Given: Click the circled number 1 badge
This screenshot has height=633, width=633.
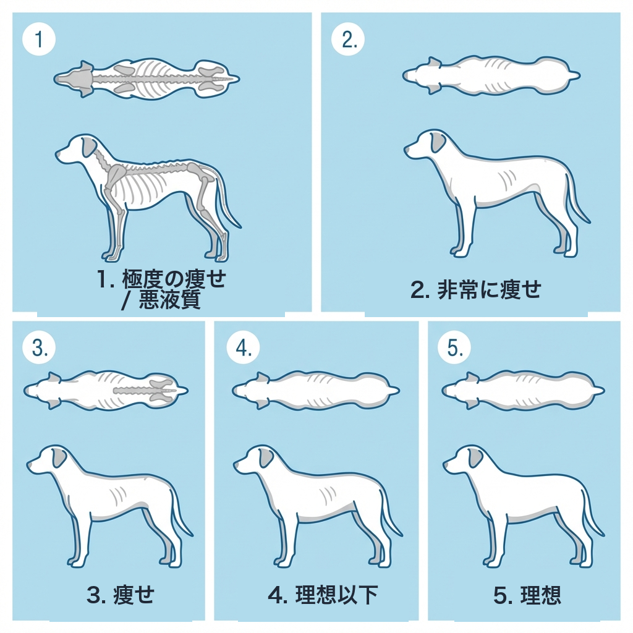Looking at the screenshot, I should point(39,40).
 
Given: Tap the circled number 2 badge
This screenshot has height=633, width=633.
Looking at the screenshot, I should point(348,40).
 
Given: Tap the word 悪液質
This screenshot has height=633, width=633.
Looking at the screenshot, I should point(174,300).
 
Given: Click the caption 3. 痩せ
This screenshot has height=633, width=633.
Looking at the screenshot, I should point(121,595).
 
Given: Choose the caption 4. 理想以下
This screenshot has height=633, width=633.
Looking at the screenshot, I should point(323,595).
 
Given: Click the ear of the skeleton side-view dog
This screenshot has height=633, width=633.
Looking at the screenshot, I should point(90,148).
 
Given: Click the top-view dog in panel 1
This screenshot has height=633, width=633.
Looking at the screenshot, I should point(147,79).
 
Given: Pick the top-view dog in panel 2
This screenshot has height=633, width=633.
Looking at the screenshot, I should point(491,76).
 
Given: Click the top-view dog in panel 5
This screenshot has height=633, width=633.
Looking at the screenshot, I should point(523,391).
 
